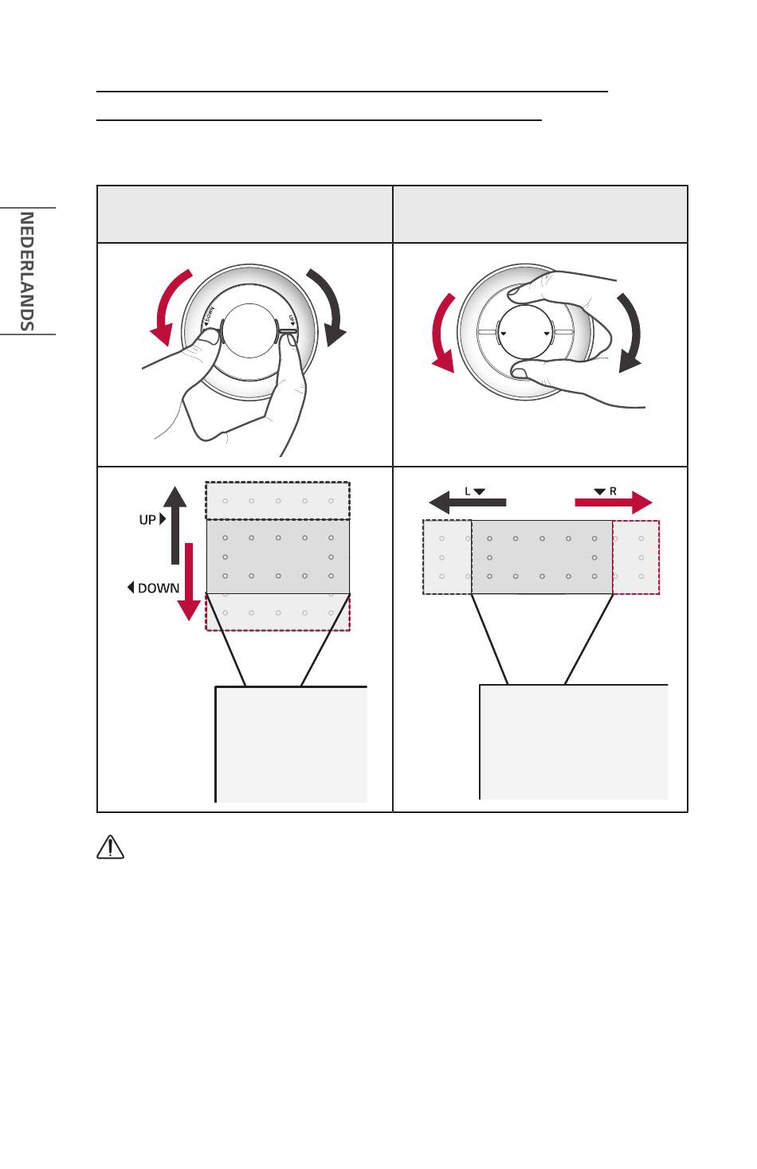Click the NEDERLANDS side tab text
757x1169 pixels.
(x=26, y=271)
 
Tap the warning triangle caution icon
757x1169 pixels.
(x=110, y=846)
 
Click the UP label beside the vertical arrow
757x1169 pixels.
(x=147, y=520)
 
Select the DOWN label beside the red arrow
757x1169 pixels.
(x=159, y=588)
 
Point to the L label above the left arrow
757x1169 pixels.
(x=468, y=491)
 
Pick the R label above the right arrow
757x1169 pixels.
(x=613, y=491)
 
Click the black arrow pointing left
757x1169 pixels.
(x=467, y=502)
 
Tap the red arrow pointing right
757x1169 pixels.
(x=614, y=502)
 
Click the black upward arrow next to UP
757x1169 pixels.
(x=175, y=525)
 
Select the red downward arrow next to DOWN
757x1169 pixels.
(x=189, y=581)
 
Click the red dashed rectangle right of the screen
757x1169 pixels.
(x=636, y=557)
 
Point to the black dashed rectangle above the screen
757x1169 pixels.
(x=277, y=501)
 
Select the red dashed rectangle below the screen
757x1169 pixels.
(x=277, y=612)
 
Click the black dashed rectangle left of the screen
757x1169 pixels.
(x=447, y=557)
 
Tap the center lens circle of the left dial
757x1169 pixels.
(x=249, y=330)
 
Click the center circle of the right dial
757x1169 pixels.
(x=524, y=330)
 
